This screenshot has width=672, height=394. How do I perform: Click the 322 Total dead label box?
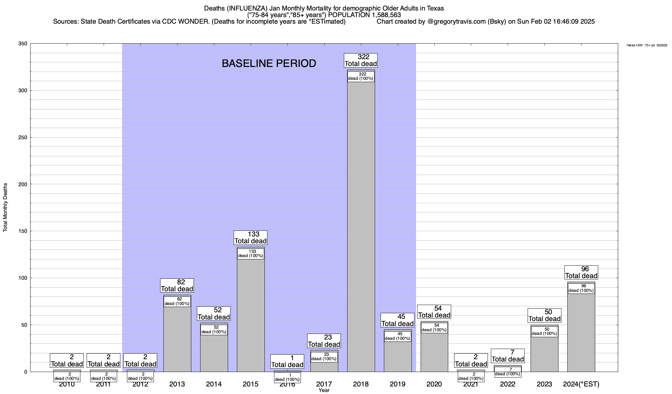[361, 60]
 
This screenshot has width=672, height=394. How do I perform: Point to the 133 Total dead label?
[251, 238]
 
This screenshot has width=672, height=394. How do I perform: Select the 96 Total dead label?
[581, 273]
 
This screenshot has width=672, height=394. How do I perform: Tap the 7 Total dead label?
[508, 356]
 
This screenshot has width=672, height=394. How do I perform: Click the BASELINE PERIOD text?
[269, 63]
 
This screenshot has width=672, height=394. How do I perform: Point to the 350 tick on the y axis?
[23, 44]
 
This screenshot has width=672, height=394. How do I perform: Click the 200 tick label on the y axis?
[23, 184]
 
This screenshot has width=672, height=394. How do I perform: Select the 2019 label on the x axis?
[397, 384]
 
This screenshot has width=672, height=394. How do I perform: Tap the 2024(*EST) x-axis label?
[581, 384]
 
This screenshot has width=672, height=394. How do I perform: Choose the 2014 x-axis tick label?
[214, 384]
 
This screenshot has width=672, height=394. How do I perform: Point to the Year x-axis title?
[324, 390]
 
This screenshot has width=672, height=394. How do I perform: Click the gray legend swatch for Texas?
[662, 45]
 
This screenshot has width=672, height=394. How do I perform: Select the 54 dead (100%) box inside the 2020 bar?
[434, 328]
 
